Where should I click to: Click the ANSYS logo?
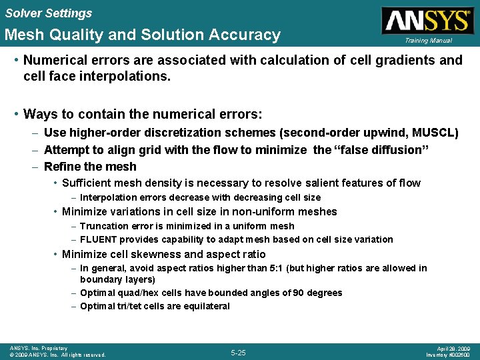click(x=426, y=20)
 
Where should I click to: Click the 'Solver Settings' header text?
click(x=48, y=13)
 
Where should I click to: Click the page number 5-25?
click(x=238, y=352)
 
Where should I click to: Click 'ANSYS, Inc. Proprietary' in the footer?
click(x=39, y=348)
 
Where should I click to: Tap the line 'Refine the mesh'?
click(x=90, y=167)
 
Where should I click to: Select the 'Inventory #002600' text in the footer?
click(x=449, y=355)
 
